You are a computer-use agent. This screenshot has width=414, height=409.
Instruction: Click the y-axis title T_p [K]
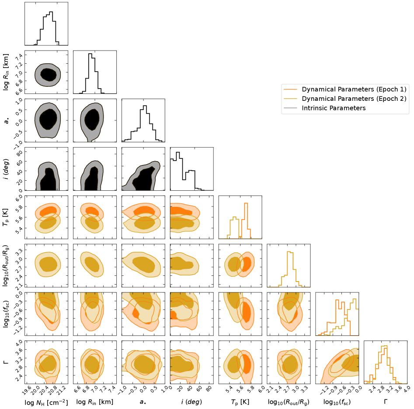point(6,217)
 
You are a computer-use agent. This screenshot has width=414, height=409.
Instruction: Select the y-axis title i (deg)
point(6,169)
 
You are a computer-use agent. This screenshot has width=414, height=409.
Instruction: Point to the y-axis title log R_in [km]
point(6,72)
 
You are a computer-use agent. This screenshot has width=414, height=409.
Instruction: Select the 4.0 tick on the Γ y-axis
point(19,345)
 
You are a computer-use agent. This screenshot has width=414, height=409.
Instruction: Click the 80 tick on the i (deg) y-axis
point(20,153)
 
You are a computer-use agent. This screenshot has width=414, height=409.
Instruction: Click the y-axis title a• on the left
point(6,120)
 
